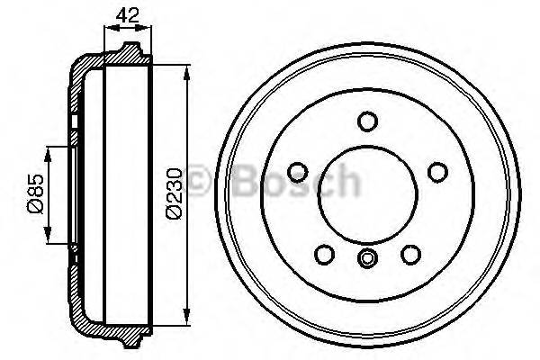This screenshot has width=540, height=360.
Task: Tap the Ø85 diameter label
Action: click(x=33, y=194)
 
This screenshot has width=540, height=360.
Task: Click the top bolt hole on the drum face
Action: click(x=366, y=121)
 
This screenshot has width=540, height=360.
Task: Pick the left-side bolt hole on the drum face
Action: click(x=295, y=171)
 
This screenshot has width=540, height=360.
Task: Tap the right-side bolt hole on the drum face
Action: click(x=437, y=171)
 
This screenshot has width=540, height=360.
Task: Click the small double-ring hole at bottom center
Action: click(x=366, y=259)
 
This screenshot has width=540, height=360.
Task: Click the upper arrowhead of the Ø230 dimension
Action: click(x=186, y=71)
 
